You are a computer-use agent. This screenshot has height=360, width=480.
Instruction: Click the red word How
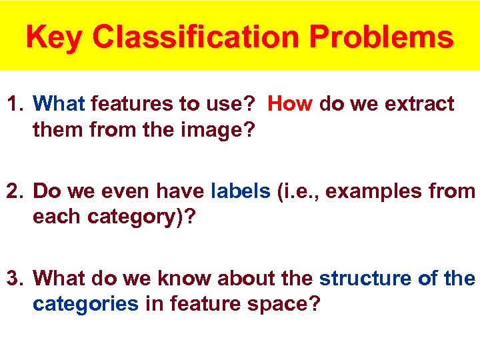click(291, 104)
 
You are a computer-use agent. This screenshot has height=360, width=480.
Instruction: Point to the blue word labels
click(240, 191)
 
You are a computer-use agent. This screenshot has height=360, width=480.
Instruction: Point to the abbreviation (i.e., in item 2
click(298, 191)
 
